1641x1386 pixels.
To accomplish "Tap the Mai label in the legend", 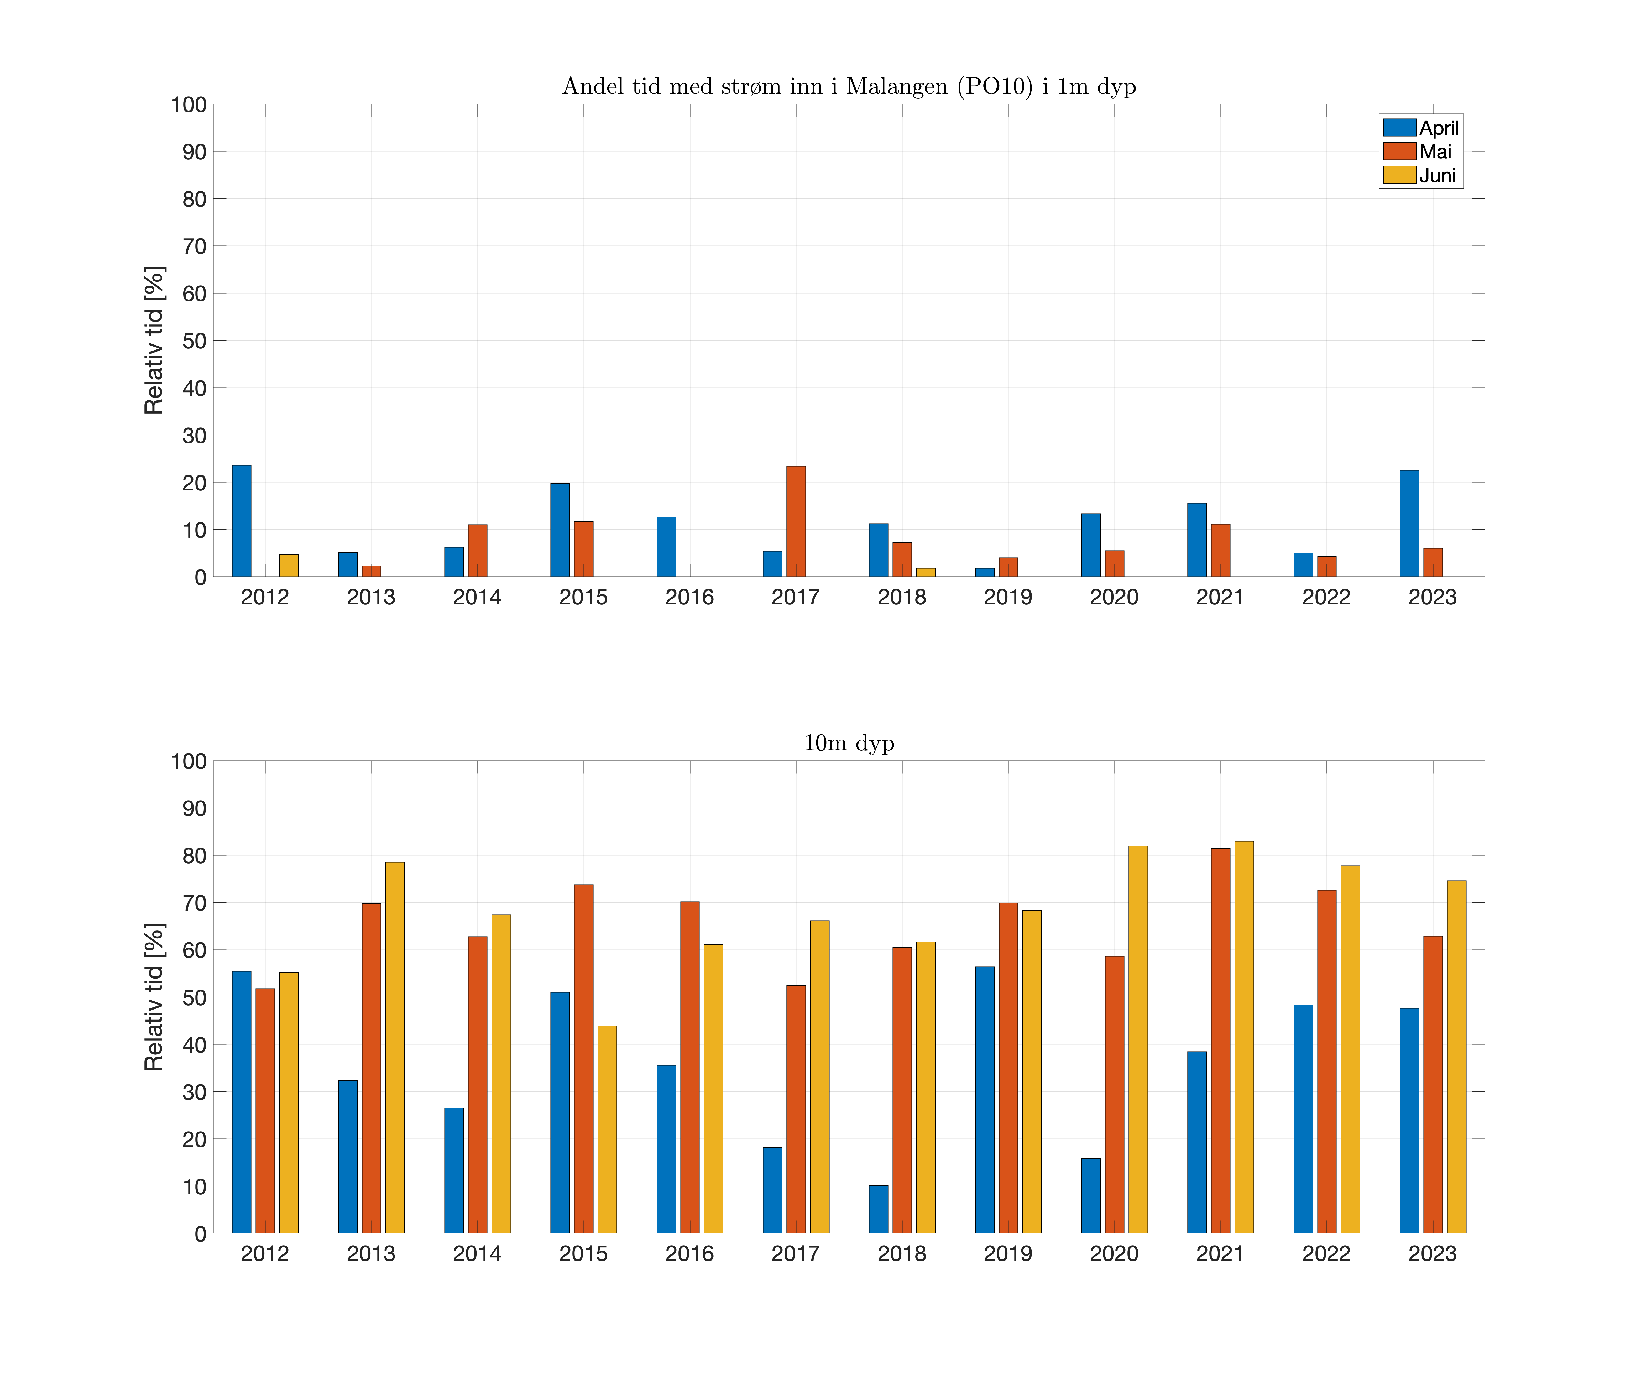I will click(1435, 152).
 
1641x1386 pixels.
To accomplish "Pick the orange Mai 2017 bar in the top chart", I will click(796, 522).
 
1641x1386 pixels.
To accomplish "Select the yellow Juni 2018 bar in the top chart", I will click(925, 572).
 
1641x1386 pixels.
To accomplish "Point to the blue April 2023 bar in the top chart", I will click(1409, 523).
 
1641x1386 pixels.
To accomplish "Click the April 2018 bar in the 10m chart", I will click(878, 1209).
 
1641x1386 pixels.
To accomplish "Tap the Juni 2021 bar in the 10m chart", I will click(1243, 1037).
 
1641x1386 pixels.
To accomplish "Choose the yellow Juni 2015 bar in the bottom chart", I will click(607, 1129).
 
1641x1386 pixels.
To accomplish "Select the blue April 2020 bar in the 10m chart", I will click(1090, 1196).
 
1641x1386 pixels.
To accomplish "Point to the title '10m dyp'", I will click(848, 743).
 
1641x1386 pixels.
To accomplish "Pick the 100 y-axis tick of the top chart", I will click(189, 104).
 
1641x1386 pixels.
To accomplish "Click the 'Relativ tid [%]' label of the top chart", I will click(154, 340).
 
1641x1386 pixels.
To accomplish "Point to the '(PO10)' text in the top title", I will click(995, 86).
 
